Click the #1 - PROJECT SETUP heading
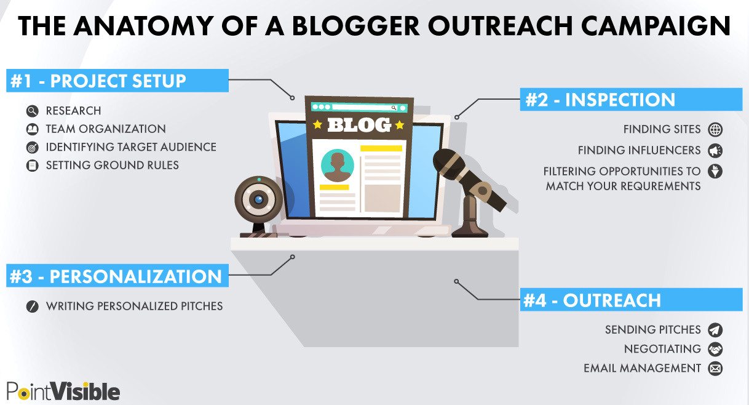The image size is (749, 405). coord(117,81)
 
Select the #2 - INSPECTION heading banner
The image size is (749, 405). coord(630,100)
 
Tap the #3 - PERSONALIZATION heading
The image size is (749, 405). coord(117,276)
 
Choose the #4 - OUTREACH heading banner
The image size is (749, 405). coord(630,300)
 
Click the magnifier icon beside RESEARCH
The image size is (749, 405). coord(32,111)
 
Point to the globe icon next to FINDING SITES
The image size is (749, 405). coord(715,129)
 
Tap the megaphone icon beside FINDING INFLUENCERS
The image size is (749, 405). coord(715,150)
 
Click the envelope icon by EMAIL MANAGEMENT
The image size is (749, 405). coord(715,369)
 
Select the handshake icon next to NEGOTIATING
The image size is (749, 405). coord(715,349)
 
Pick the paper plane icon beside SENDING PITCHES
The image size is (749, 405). coord(715,330)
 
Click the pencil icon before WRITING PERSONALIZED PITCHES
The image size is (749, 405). coord(32,306)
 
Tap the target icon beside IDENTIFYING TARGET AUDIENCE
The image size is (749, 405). coord(32,148)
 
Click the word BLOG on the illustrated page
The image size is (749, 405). coord(359,125)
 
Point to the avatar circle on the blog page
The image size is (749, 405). coord(338,165)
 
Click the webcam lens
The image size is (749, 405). coord(259,199)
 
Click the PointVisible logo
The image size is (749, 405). coord(63,391)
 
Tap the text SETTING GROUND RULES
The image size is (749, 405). coord(113,166)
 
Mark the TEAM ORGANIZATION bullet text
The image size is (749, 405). coord(106,129)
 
